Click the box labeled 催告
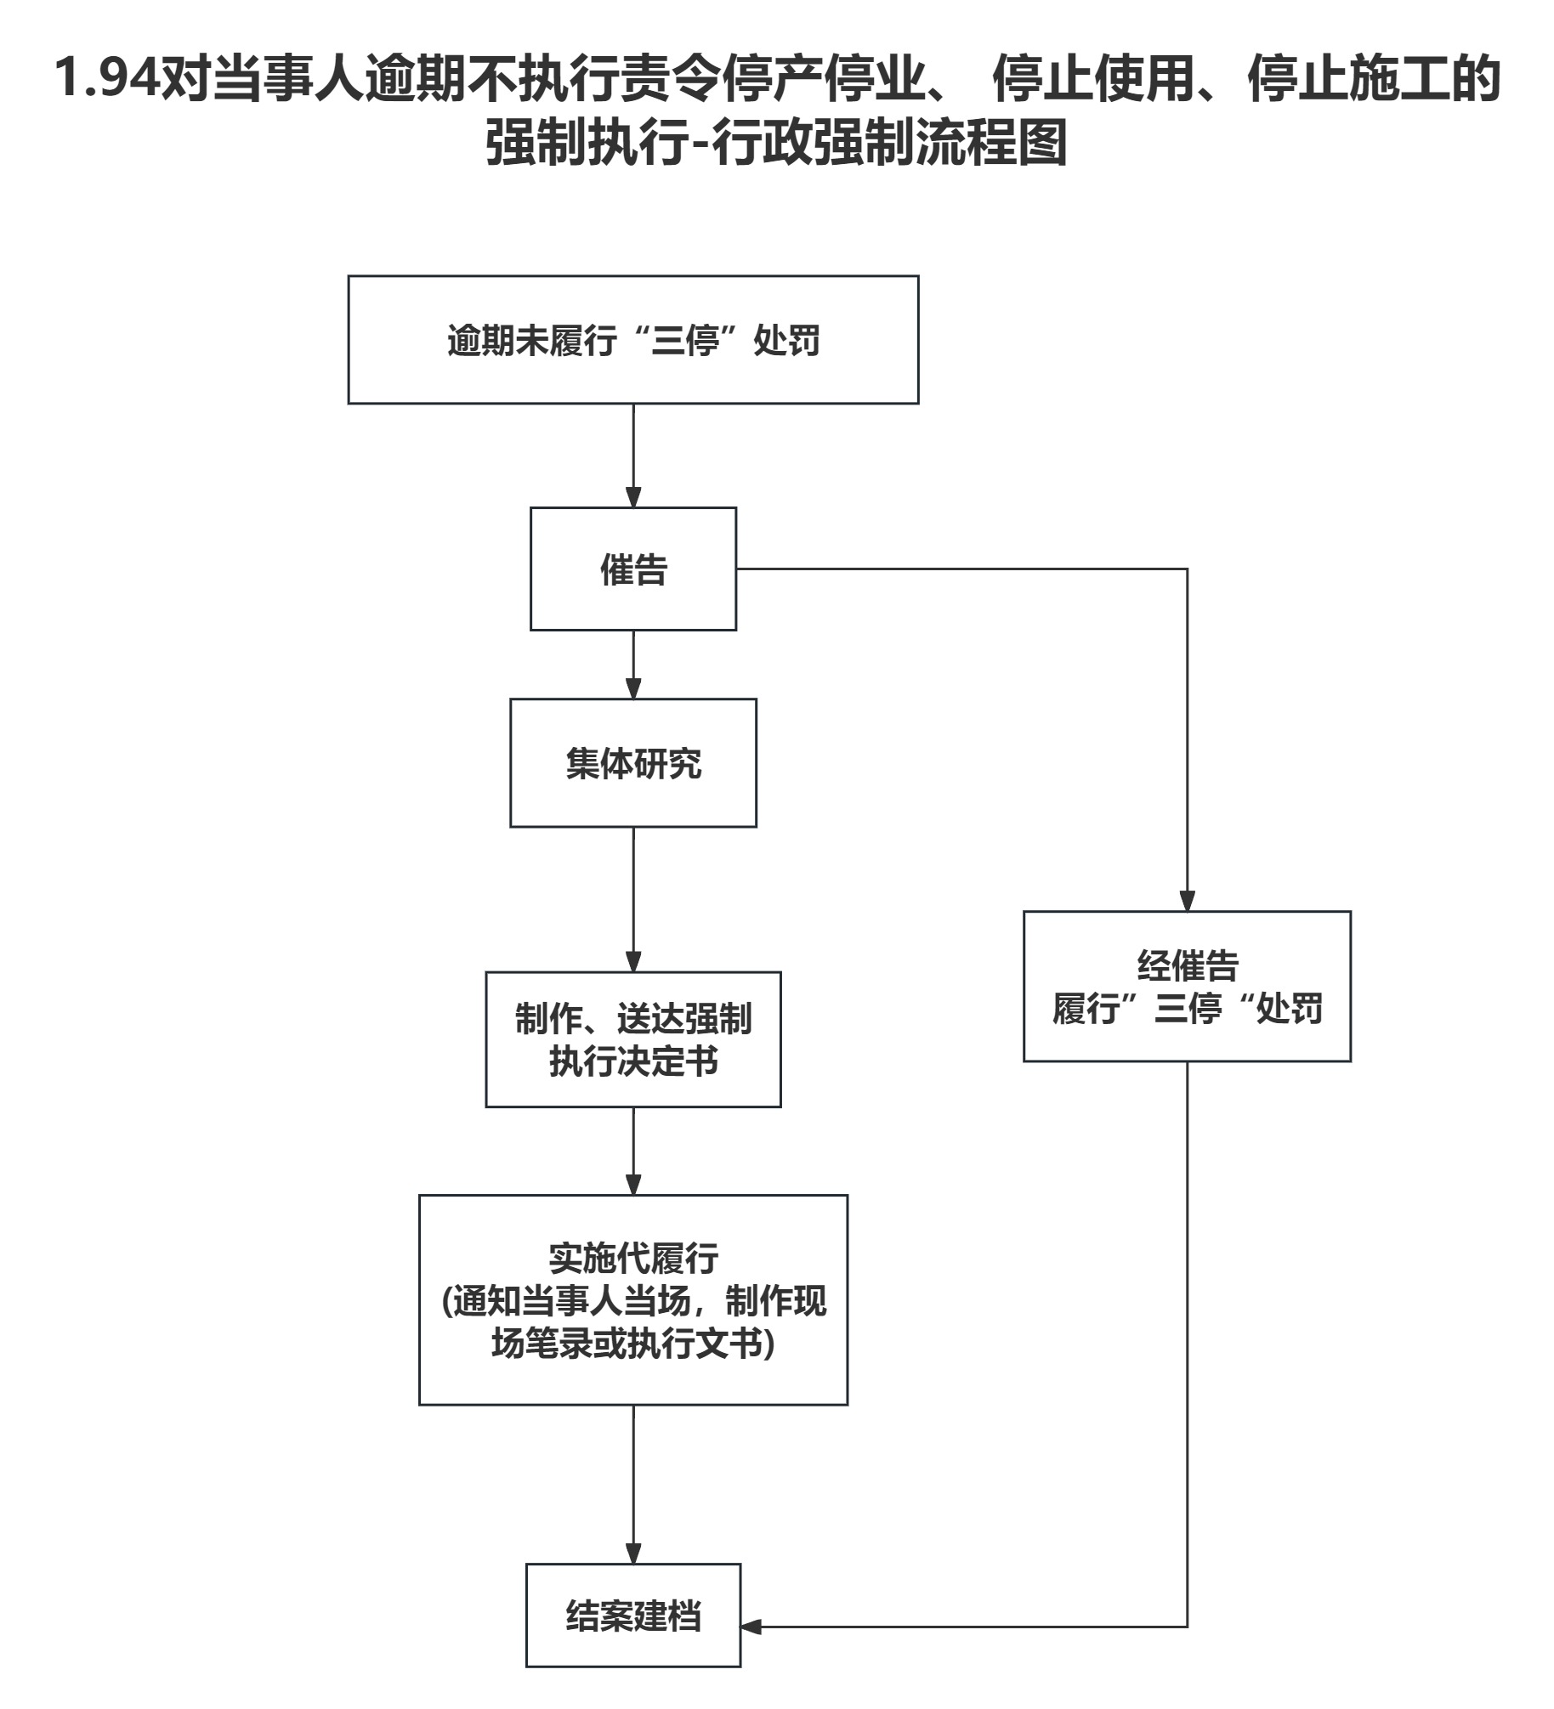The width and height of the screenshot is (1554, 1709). click(x=632, y=569)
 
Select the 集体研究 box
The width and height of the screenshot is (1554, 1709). click(x=632, y=762)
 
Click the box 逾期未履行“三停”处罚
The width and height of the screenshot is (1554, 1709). click(x=632, y=340)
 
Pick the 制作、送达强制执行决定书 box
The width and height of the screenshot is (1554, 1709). click(x=632, y=1038)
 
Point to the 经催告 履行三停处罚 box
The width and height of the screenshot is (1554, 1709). click(x=1187, y=986)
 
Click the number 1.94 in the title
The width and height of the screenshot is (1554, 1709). click(x=107, y=78)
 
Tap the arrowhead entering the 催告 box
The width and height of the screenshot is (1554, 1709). click(x=632, y=498)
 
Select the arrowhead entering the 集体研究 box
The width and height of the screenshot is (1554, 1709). click(x=632, y=689)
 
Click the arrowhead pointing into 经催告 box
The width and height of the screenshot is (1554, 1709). click(x=1187, y=902)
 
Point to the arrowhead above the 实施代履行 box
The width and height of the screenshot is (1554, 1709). click(x=632, y=1185)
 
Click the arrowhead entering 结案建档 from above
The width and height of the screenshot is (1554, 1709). click(x=632, y=1553)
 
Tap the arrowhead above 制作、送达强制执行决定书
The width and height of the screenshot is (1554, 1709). click(x=632, y=962)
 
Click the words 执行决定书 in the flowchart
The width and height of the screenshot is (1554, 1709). click(x=632, y=1061)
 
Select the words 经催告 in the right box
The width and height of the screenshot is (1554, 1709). click(x=1187, y=965)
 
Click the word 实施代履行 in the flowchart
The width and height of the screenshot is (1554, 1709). click(x=632, y=1259)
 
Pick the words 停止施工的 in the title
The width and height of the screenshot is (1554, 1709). click(x=1373, y=78)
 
